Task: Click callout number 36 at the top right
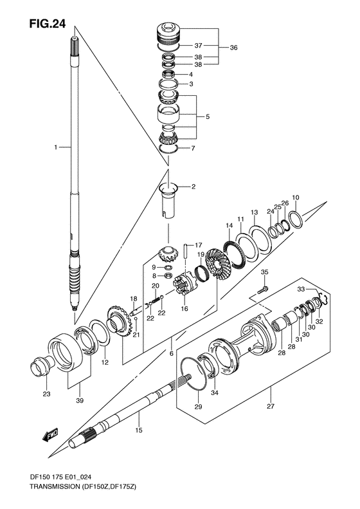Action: (x=234, y=48)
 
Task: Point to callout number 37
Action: (x=199, y=46)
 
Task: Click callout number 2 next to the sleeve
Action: (x=192, y=187)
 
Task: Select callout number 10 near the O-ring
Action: (x=295, y=198)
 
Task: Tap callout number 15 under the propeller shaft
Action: (x=138, y=430)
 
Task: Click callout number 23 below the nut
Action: (x=46, y=394)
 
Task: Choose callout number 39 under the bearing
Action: (x=80, y=401)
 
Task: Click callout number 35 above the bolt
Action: (x=264, y=274)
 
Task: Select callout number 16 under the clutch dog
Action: (x=185, y=309)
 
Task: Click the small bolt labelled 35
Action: (x=262, y=292)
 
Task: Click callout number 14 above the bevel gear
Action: (x=228, y=225)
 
